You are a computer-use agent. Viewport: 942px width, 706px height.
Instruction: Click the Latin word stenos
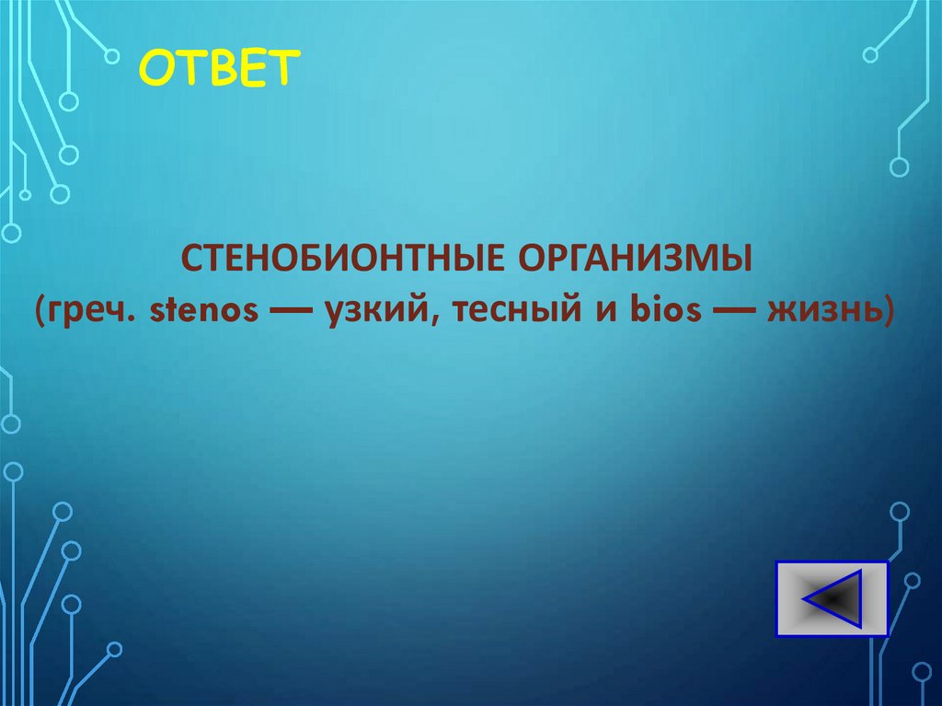[x=202, y=312]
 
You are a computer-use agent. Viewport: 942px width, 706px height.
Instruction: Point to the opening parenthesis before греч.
[x=44, y=313]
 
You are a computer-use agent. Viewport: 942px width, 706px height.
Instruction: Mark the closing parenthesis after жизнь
[x=887, y=313]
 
